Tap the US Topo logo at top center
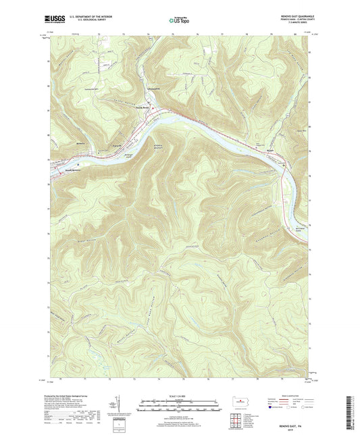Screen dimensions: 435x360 click(178, 20)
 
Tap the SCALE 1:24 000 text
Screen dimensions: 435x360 click(178, 395)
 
